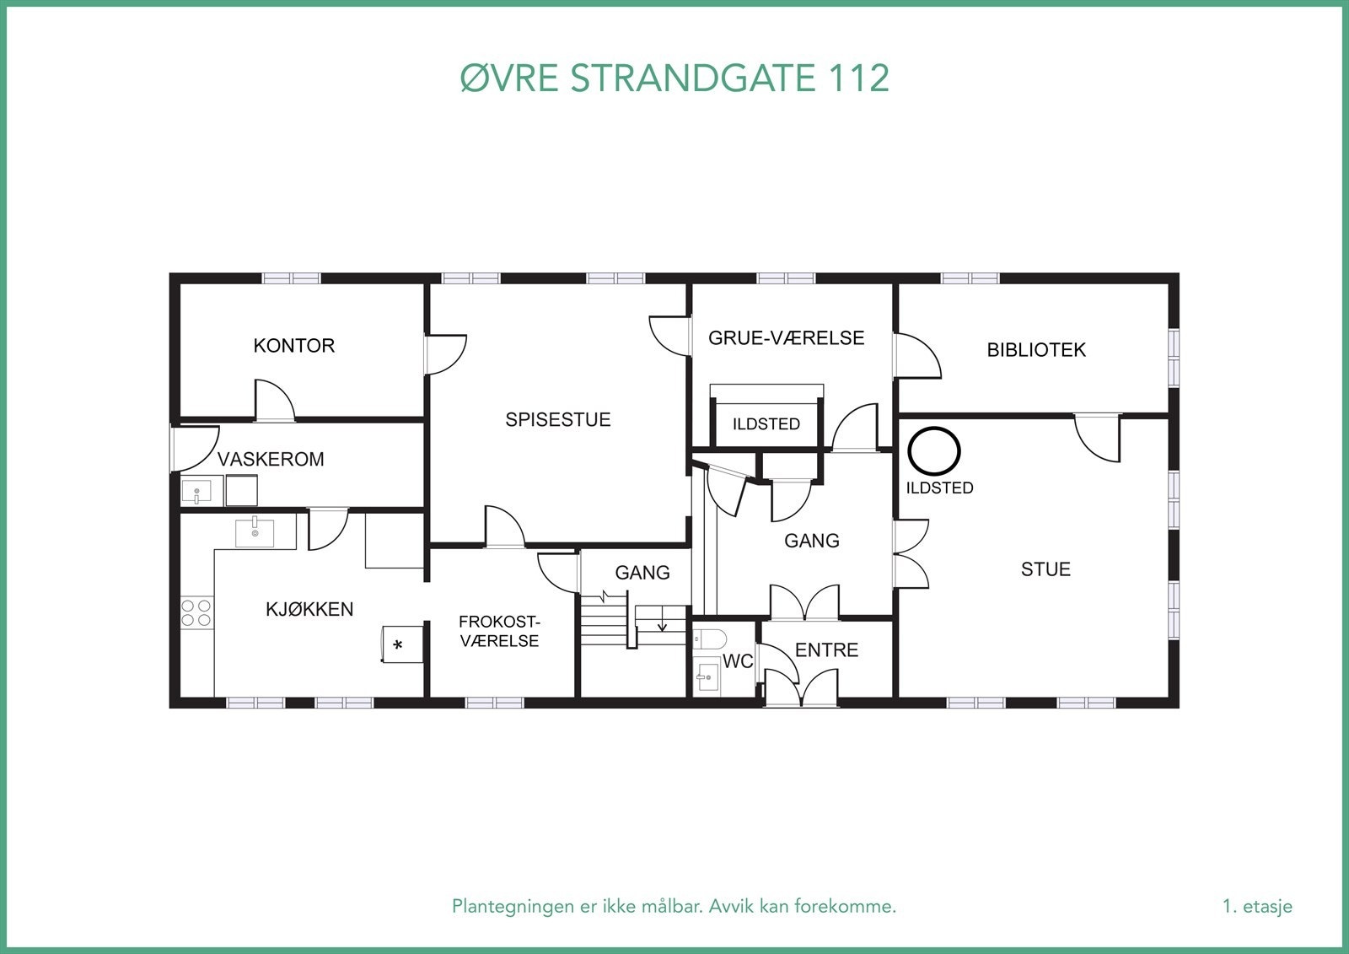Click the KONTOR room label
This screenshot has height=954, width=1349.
click(293, 345)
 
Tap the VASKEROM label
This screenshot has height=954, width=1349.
click(271, 459)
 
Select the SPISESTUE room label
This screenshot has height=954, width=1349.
click(557, 419)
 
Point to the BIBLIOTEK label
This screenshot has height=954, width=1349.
click(1036, 349)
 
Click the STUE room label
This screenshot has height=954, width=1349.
click(1045, 569)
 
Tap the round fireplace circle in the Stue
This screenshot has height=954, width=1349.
click(934, 451)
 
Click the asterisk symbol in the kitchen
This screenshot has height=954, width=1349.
click(399, 646)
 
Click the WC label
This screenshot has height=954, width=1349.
click(738, 662)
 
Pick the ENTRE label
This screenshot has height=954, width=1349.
click(826, 649)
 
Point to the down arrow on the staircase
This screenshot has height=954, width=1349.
click(663, 626)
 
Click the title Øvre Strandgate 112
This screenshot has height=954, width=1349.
click(674, 78)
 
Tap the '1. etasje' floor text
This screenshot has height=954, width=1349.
click(1257, 907)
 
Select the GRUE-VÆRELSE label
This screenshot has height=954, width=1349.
click(786, 338)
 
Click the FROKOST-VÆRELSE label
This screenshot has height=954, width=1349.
click(499, 631)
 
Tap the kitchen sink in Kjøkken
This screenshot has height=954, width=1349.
click(255, 533)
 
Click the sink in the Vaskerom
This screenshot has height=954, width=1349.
click(196, 491)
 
